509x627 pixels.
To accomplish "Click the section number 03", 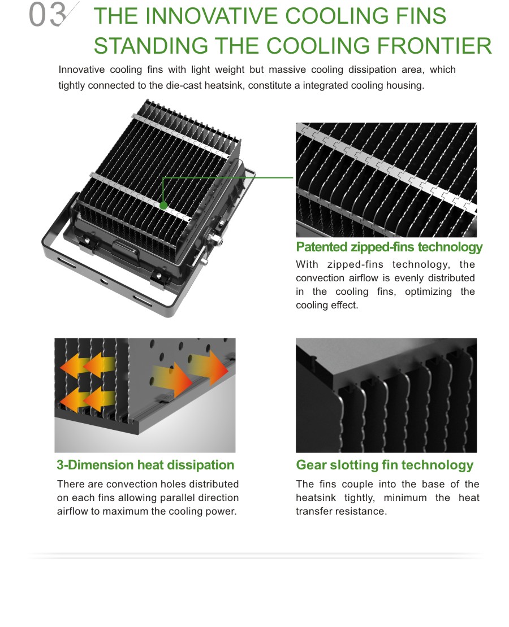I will click(x=46, y=16).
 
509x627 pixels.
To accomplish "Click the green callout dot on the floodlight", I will click(x=163, y=206).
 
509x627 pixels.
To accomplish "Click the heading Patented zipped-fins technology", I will click(x=389, y=247).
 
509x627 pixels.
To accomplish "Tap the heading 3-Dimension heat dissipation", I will click(x=145, y=465).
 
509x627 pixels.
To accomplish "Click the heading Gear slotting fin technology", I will click(x=385, y=465).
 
